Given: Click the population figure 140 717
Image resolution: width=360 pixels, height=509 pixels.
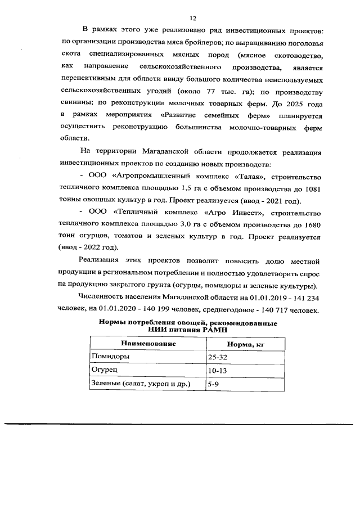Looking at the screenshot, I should coord(281,310).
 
